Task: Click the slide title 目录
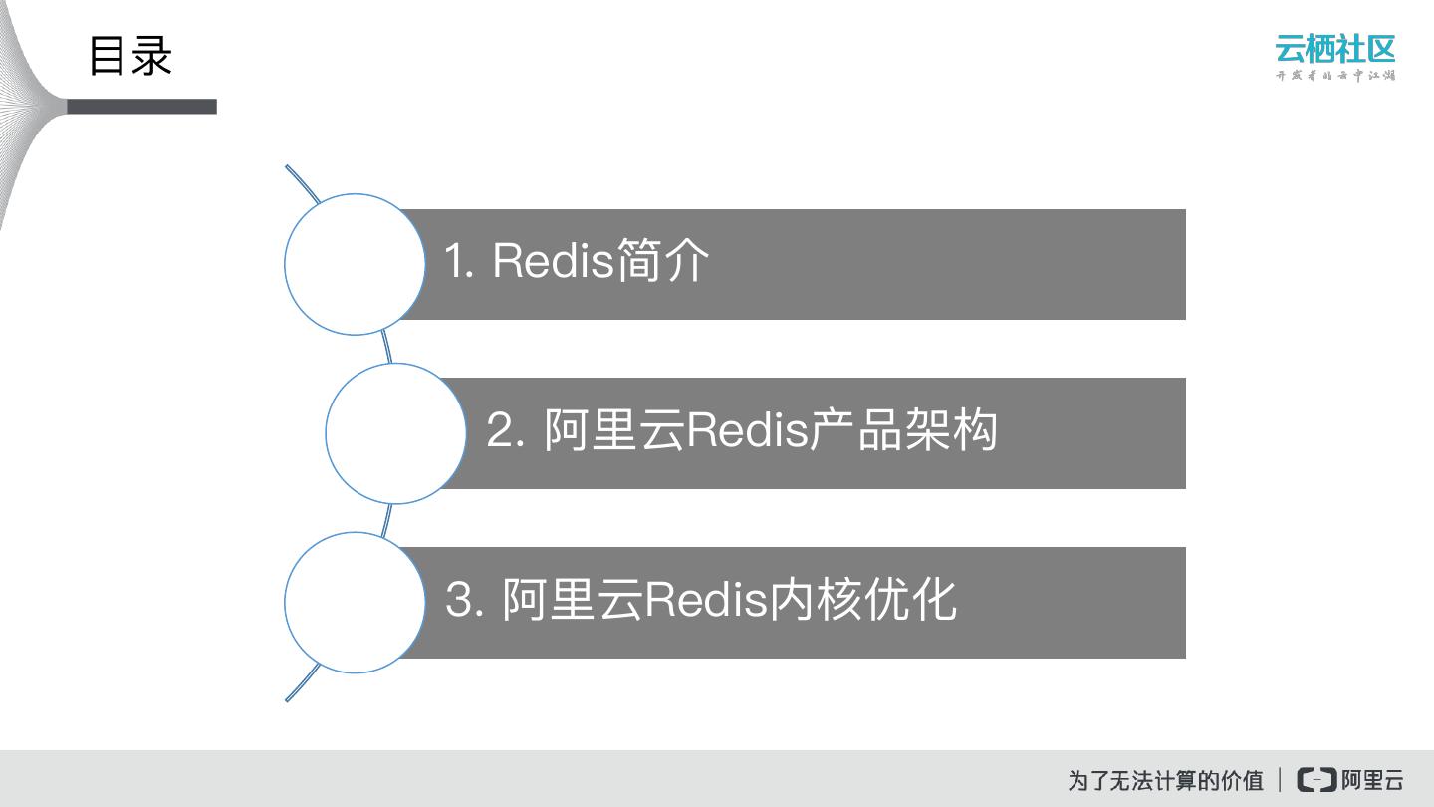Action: (x=130, y=56)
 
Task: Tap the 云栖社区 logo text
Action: (x=1334, y=49)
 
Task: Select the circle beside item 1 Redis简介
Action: (x=355, y=264)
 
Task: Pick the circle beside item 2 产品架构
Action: (x=395, y=433)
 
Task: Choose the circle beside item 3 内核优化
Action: (x=355, y=602)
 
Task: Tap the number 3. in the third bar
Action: (x=464, y=601)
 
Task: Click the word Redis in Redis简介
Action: (x=551, y=262)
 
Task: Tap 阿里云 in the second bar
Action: (x=613, y=431)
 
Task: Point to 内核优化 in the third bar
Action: (x=863, y=601)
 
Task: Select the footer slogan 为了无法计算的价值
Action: (x=1165, y=780)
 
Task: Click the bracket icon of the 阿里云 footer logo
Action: (x=1316, y=780)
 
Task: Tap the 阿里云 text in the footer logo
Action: (x=1372, y=780)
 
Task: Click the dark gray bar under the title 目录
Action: (x=141, y=107)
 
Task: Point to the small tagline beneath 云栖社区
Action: (x=1334, y=76)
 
